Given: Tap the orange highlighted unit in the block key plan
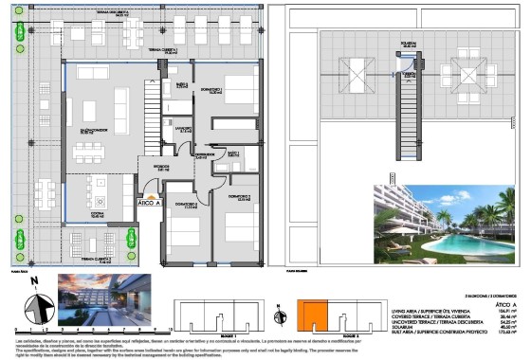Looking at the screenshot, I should click(x=314, y=315).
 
